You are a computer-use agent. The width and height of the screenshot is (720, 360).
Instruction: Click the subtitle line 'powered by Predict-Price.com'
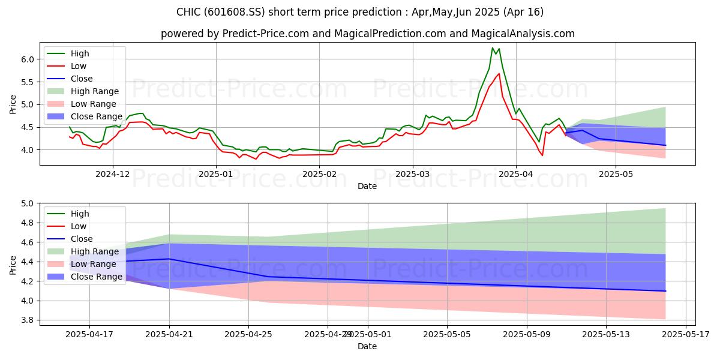[367, 34]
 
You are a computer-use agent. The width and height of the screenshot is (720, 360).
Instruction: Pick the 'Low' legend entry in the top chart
[79, 66]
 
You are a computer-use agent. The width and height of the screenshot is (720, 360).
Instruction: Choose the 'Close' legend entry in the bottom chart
[81, 239]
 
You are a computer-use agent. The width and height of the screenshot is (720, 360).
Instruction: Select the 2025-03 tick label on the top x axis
[412, 175]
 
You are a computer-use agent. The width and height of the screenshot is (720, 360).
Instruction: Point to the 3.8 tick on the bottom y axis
[28, 320]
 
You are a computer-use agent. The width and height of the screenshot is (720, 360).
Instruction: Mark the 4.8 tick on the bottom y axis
[28, 223]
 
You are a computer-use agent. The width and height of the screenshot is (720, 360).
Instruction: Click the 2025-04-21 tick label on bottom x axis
[169, 335]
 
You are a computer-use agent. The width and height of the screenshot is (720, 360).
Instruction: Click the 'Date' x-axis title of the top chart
[367, 186]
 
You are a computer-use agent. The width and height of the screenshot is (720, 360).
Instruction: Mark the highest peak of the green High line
[493, 48]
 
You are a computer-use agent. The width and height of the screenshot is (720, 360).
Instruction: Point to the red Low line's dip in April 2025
[542, 155]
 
